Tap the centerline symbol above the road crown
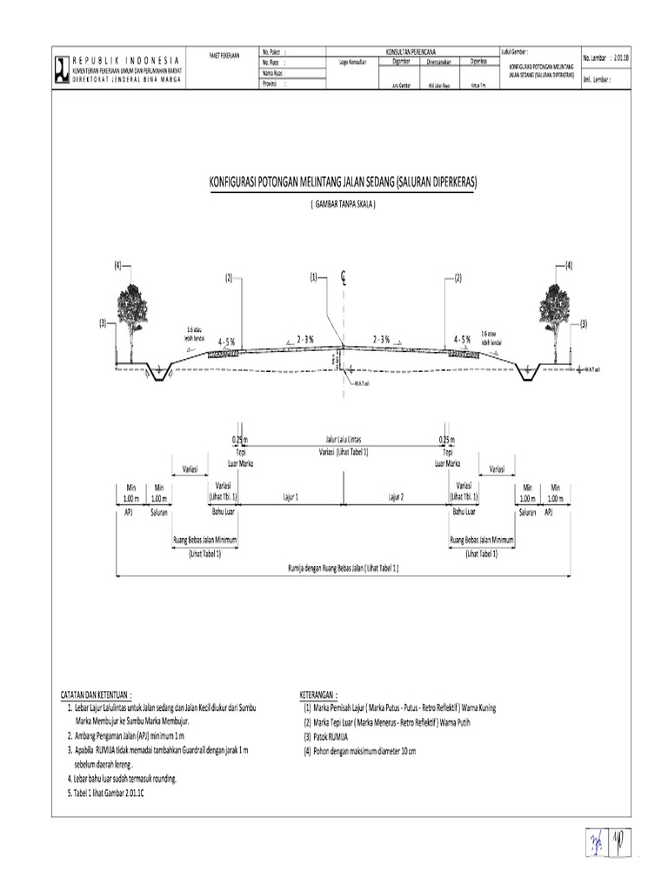[344, 278]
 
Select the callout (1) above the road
[314, 278]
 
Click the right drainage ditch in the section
[528, 373]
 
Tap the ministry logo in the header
[61, 67]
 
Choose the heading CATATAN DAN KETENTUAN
[96, 696]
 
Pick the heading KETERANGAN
[317, 696]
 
